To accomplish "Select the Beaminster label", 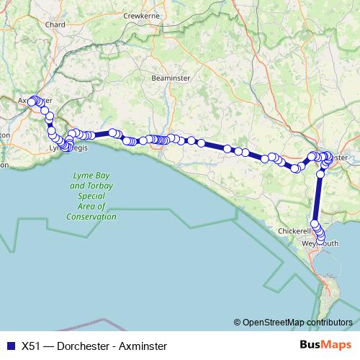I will click(x=169, y=78).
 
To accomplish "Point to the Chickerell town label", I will click(x=294, y=231).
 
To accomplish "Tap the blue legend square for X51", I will click(x=9, y=345).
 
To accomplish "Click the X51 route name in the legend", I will click(x=31, y=345).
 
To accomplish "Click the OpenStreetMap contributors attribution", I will click(x=297, y=322).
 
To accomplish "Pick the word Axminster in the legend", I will click(x=143, y=345).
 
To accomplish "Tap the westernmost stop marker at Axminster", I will click(x=31, y=101).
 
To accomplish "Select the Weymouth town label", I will click(x=320, y=243).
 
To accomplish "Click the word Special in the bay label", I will click(x=92, y=196).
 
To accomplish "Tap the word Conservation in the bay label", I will click(x=91, y=216).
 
